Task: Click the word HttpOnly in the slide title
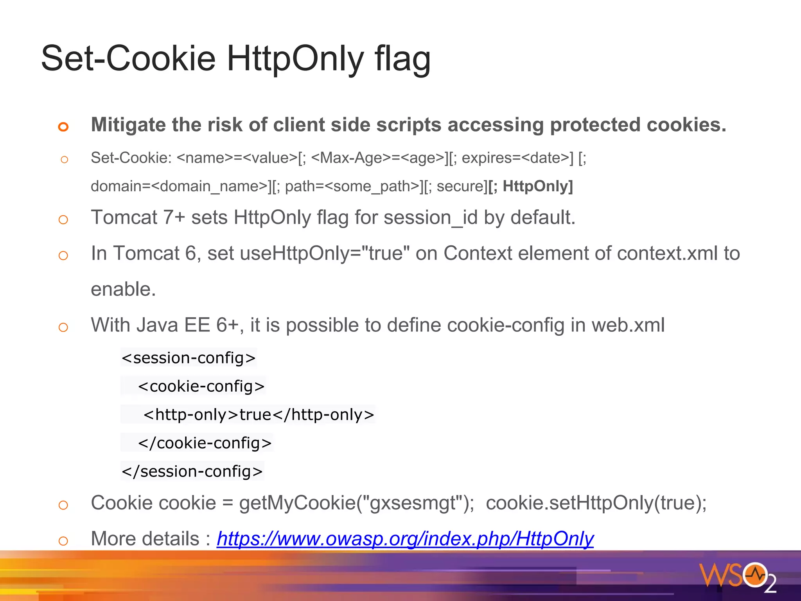(295, 59)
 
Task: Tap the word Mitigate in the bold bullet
(128, 125)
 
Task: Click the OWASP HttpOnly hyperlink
(405, 539)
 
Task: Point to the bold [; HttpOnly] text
(530, 186)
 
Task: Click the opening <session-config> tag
(189, 358)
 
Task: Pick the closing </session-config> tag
(192, 471)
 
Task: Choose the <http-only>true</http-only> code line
(259, 415)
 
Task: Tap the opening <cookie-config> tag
(201, 387)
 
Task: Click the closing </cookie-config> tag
(205, 443)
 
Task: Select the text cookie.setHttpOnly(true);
(596, 503)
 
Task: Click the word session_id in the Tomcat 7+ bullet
(431, 218)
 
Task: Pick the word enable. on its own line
(123, 290)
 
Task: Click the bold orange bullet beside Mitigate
(63, 126)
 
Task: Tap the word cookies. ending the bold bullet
(686, 125)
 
